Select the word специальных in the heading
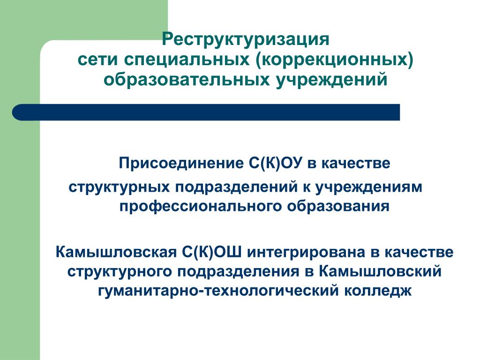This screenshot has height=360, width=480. click(x=187, y=60)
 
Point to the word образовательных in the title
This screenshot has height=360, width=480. click(x=187, y=79)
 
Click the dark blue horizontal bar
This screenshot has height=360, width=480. click(x=206, y=112)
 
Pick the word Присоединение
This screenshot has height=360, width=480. click(x=181, y=164)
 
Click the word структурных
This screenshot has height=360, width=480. click(x=119, y=187)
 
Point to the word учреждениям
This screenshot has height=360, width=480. click(x=368, y=187)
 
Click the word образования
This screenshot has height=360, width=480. click(x=338, y=206)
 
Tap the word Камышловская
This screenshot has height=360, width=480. click(x=116, y=252)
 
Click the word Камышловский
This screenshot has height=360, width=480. click(x=380, y=271)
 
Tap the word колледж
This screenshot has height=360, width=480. click(x=378, y=291)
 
